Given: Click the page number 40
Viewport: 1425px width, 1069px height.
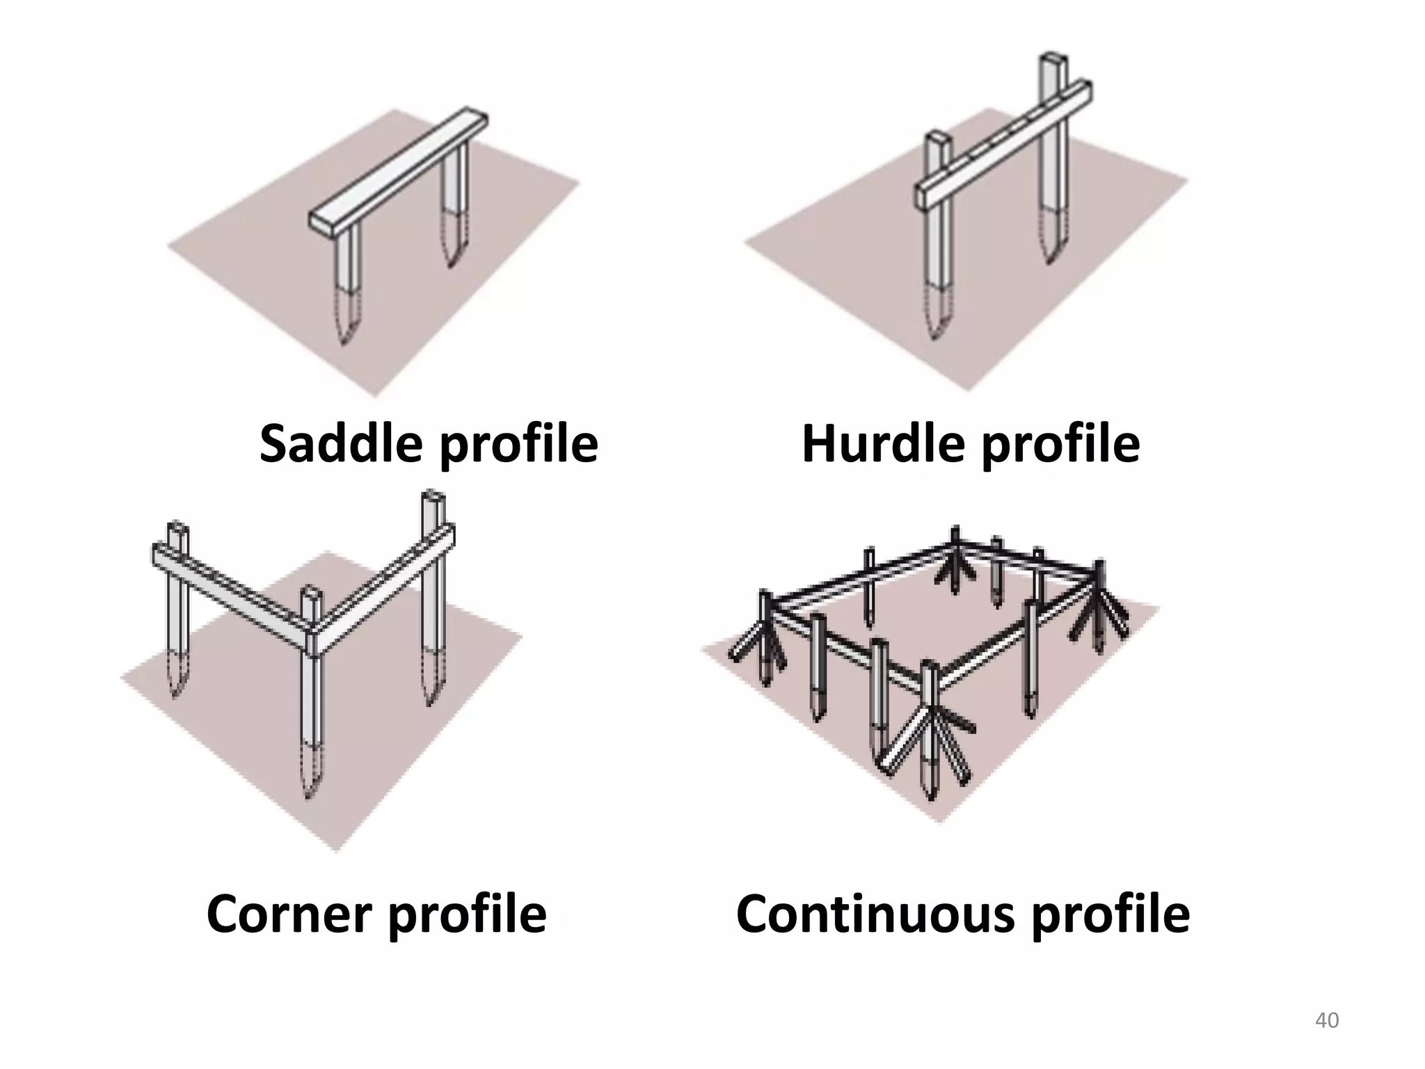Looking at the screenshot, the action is click(1327, 1020).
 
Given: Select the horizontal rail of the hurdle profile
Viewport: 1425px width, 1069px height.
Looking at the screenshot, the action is click(1003, 145).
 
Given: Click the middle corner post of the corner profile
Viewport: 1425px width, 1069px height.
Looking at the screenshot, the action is click(312, 692).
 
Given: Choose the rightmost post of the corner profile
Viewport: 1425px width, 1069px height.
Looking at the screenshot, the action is click(433, 598).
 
